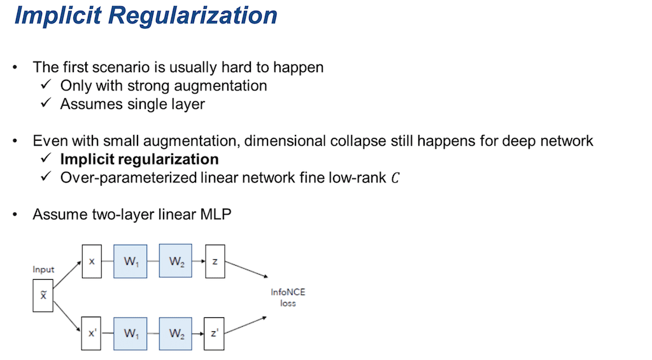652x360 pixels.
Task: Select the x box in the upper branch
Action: [91, 261]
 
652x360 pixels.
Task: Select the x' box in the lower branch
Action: [91, 333]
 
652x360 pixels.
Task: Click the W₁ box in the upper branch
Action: [131, 261]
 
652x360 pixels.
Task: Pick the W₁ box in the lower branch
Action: [131, 333]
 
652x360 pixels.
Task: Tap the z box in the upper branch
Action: [215, 261]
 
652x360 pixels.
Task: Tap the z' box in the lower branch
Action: [215, 333]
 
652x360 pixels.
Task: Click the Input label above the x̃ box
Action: [43, 270]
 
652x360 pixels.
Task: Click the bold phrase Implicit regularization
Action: [139, 159]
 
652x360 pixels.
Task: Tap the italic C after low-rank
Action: [395, 178]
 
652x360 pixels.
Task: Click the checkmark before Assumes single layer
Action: [46, 103]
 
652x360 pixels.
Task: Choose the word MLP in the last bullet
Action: [215, 214]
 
